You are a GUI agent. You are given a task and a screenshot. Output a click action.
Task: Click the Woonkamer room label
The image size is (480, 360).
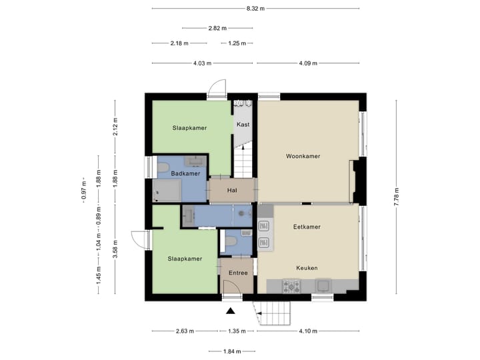pos(303,156)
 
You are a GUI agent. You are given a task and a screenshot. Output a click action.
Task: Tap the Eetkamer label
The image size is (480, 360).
pos(307,227)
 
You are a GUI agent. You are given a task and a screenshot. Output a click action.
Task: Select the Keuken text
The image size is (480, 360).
pos(307,268)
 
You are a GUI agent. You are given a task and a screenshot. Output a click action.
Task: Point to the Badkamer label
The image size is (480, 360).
pos(185,173)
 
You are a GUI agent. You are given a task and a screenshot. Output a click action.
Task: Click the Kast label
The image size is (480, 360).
pos(243,125)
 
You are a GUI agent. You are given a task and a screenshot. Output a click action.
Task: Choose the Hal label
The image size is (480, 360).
pos(232,191)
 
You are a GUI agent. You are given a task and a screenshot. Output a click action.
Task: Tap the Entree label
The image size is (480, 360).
pos(238,273)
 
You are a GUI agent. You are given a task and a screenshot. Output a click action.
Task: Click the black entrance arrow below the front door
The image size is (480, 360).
pos(231,311)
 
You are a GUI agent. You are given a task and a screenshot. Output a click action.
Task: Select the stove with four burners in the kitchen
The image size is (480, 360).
pos(292,286)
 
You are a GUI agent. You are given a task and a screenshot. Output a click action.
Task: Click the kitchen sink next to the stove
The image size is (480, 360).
pos(323,286)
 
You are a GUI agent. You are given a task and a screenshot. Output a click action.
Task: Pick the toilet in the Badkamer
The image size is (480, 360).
pos(162,167)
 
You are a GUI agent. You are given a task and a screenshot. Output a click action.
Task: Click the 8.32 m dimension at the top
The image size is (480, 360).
pos(255,8)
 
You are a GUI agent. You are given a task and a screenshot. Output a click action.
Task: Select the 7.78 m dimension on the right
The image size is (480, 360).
pos(397,197)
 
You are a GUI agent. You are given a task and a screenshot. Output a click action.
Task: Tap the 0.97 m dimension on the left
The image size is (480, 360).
pos(83,193)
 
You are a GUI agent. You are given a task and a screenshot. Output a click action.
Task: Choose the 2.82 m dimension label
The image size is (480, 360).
pos(217,28)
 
